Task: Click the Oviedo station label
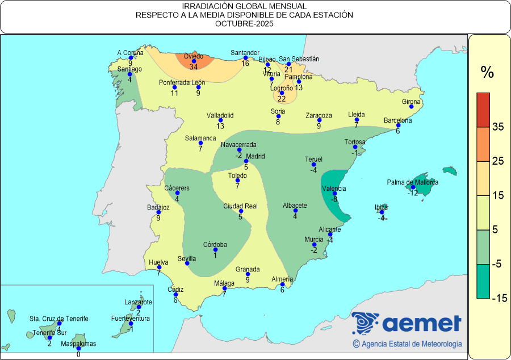(193, 56)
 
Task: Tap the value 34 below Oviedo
(194, 67)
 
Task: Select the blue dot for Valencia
(334, 194)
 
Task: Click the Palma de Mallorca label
(413, 182)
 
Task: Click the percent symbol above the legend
(487, 72)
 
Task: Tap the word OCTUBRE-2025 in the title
(245, 24)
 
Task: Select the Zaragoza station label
(318, 115)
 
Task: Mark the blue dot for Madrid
(246, 161)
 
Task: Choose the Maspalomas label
(79, 344)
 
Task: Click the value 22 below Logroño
(282, 99)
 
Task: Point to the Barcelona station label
(397, 120)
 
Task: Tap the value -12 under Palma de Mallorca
(413, 193)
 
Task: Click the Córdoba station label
(215, 245)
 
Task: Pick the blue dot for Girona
(411, 107)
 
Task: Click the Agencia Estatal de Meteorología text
(407, 344)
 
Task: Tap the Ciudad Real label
(240, 206)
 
